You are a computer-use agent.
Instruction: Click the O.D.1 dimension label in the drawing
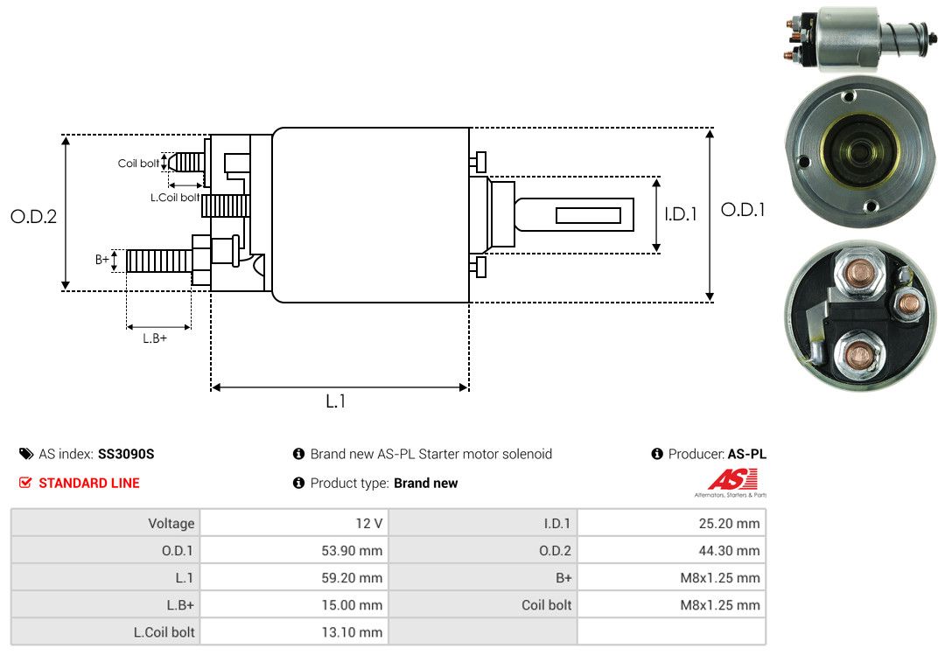[x=743, y=210]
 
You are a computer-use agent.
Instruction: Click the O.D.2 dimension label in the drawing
[x=34, y=216]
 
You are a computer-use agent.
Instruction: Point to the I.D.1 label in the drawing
[x=681, y=214]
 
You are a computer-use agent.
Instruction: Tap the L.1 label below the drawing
[x=336, y=401]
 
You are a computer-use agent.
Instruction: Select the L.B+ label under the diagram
[x=155, y=338]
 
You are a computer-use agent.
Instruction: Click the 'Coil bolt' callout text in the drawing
[x=138, y=164]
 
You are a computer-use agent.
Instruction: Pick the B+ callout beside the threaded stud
[x=101, y=260]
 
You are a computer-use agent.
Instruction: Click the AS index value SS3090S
[x=126, y=454]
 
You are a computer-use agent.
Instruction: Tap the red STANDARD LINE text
[x=89, y=483]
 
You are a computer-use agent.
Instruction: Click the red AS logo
[x=732, y=480]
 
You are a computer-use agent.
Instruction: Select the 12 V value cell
[x=294, y=523]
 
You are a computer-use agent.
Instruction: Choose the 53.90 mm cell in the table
[x=294, y=550]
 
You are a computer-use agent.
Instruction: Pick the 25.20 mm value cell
[x=671, y=523]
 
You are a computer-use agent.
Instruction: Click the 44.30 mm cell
[x=671, y=550]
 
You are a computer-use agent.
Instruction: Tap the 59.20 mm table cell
[x=294, y=577]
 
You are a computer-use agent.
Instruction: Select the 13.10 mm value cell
[x=294, y=632]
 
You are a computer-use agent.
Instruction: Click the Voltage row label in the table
[x=171, y=523]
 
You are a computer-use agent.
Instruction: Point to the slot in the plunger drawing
[x=588, y=216]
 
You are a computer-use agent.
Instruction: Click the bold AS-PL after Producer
[x=746, y=454]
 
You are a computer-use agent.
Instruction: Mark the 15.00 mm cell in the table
[x=294, y=604]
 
